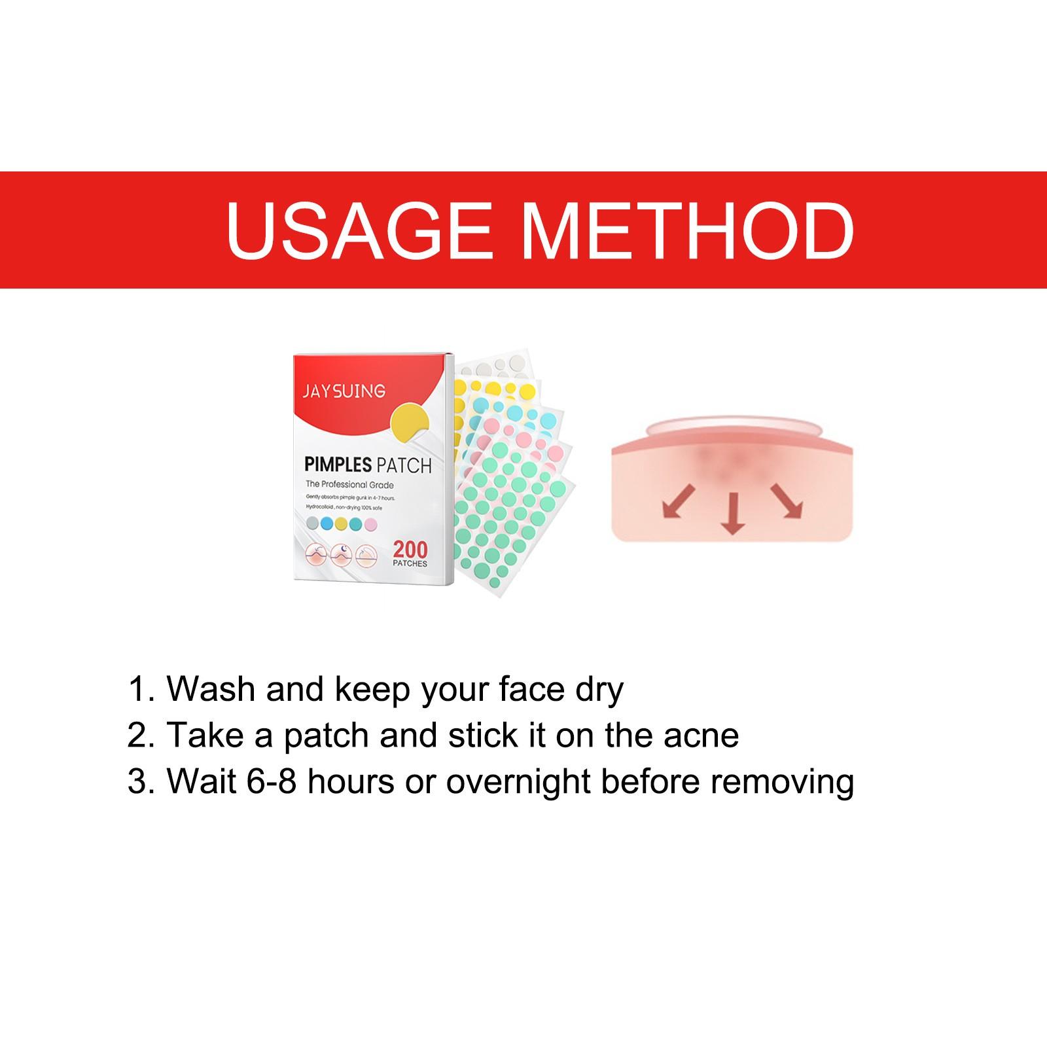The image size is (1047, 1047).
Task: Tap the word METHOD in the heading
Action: tap(684, 230)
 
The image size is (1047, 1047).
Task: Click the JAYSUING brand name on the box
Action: tap(344, 391)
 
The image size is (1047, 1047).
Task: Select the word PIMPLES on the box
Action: tap(337, 465)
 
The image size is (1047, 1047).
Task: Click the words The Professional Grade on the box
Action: tap(349, 485)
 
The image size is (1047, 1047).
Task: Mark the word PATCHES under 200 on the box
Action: tap(410, 563)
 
